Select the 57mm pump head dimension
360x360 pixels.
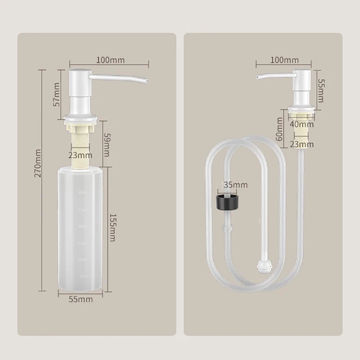[56, 94]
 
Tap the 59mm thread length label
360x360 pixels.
[106, 144]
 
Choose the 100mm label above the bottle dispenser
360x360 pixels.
[110, 60]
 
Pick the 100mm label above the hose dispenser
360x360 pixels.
[284, 60]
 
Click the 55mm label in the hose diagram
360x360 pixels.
[321, 88]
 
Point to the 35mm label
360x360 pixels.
[235, 184]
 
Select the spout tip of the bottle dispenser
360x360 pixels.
[145, 82]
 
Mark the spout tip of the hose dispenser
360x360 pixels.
[258, 76]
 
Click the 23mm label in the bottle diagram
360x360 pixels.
[80, 155]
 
